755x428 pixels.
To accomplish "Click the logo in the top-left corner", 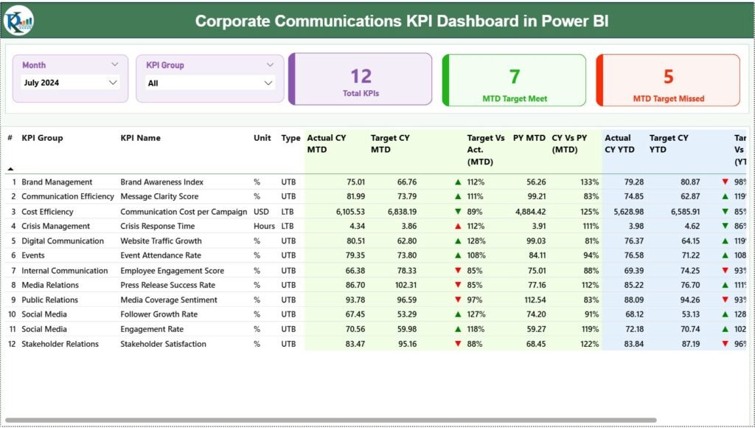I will point(18,19).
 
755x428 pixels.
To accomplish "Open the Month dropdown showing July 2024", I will point(70,83).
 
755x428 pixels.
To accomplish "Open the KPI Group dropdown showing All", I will point(210,83).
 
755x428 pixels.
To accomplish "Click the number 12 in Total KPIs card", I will point(361,76).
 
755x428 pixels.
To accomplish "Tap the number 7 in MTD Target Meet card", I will point(515,76).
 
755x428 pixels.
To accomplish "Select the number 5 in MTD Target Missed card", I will point(668,76).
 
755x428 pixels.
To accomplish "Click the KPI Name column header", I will point(140,138).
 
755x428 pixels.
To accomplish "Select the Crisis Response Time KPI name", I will point(157,227).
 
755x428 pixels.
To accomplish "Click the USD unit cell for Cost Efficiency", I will point(262,212).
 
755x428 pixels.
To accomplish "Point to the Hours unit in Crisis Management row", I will point(264,227).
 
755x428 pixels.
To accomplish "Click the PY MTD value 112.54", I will point(532,300).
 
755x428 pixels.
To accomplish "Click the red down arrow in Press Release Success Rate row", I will point(458,285).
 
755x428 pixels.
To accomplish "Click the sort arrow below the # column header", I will point(10,169).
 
